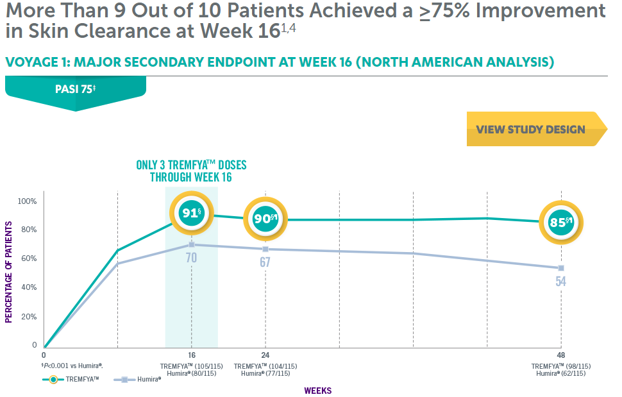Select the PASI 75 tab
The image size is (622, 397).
click(x=75, y=90)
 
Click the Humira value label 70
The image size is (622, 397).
click(x=191, y=258)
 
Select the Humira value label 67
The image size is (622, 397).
click(x=265, y=262)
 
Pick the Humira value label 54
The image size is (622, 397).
click(x=560, y=281)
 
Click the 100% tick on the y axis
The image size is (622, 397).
click(x=28, y=201)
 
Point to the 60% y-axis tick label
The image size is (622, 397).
click(x=29, y=258)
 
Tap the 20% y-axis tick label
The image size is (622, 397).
click(x=29, y=317)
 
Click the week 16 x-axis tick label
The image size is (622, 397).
click(x=191, y=355)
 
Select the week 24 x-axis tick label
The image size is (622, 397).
click(x=265, y=355)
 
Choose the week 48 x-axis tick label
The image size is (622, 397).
click(x=560, y=355)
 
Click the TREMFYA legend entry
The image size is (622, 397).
click(x=71, y=379)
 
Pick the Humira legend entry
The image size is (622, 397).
click(x=137, y=379)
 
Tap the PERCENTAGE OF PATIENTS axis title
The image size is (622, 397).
click(x=9, y=272)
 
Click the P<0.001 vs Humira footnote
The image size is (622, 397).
click(x=73, y=365)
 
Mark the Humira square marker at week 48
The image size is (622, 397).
click(x=560, y=268)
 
